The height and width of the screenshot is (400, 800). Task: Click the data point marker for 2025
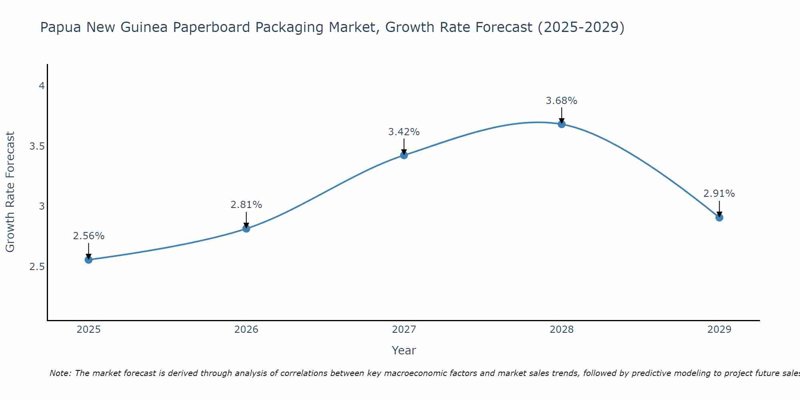88,260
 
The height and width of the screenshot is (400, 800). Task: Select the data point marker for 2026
246,228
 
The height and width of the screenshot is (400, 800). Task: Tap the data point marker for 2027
404,155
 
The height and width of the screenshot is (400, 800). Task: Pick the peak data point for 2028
562,124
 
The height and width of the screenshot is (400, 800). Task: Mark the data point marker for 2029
719,218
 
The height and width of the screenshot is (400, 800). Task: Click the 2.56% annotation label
88,236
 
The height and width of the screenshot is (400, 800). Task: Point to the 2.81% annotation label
246,205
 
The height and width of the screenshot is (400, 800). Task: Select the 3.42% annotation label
404,132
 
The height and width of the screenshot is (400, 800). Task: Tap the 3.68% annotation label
562,101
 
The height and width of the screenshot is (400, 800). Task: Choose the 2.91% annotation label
719,194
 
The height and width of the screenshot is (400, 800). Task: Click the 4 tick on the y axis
42,86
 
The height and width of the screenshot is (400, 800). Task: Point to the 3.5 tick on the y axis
37,146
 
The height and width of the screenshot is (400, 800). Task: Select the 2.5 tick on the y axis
37,267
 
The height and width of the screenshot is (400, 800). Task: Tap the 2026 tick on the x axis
246,330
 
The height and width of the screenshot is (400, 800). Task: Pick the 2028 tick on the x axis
562,330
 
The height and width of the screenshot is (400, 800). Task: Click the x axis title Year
404,350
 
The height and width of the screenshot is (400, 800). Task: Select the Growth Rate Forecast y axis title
10,192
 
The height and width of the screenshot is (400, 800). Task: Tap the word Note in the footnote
59,373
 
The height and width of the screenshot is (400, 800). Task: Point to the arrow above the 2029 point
719,208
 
